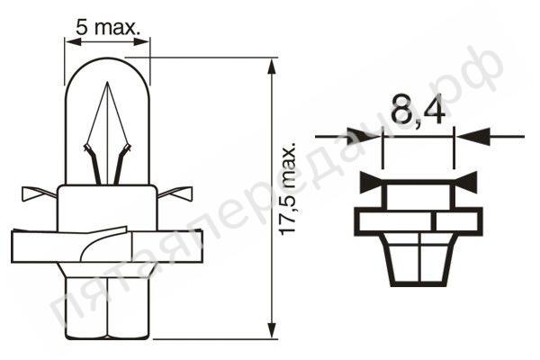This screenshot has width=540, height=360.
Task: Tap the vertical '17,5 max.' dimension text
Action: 288,190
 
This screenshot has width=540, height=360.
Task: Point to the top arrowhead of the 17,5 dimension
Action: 271,66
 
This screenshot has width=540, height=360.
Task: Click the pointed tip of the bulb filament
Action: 108,85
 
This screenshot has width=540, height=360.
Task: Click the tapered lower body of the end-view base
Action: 418,261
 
